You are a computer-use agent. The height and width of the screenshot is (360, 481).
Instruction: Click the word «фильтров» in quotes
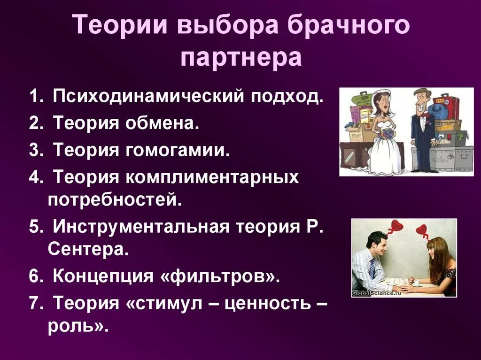(217, 276)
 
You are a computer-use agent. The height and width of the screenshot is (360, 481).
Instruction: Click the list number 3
(36, 151)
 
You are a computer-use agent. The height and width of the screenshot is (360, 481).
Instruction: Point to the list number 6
(36, 276)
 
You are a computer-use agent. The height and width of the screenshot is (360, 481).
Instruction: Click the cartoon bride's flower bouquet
(387, 134)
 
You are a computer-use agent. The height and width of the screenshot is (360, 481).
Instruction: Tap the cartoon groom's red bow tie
(425, 114)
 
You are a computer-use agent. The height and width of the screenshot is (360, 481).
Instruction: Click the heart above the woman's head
(422, 230)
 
